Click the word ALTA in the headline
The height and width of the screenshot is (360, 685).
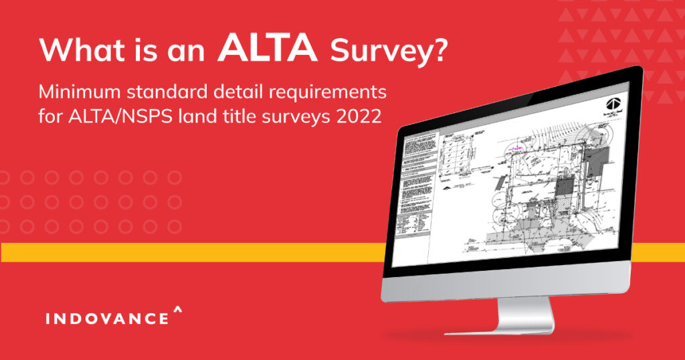coord(268,48)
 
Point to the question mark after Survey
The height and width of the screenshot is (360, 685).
coord(436,50)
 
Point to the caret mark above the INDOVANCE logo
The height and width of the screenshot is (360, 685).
coord(177,309)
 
